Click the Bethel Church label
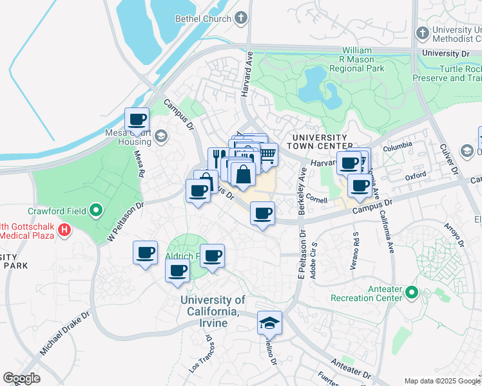point(203,19)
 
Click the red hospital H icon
point(64,230)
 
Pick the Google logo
point(22,378)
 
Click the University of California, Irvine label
point(213,311)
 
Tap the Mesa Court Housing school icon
point(160,136)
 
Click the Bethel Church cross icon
point(242,18)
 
